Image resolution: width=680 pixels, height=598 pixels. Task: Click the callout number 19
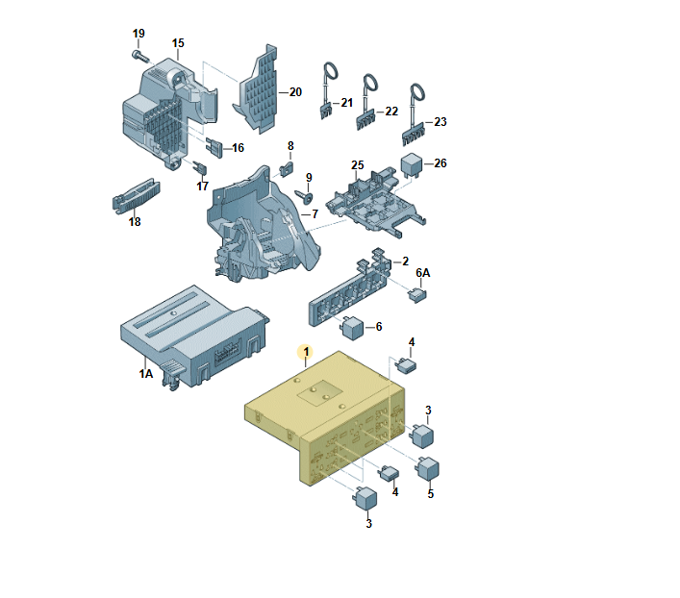(139, 34)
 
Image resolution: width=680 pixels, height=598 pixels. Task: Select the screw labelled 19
(139, 56)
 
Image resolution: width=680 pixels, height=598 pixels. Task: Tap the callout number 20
(295, 92)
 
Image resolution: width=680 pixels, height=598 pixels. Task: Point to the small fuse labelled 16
(214, 147)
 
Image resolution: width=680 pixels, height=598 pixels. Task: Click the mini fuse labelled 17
(200, 168)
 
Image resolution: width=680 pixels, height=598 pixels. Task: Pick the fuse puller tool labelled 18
(137, 196)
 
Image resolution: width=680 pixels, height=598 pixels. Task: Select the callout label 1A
(146, 373)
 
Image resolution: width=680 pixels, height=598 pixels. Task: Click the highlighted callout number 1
(306, 352)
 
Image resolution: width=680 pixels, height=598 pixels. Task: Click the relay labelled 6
(352, 328)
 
